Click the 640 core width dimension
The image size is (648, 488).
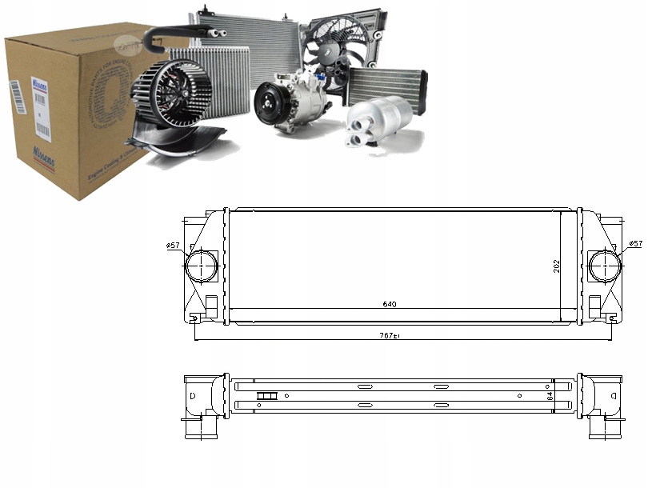coord(390,304)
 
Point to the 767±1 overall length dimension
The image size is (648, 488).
coord(390,335)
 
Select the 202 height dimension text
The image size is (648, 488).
coord(556,266)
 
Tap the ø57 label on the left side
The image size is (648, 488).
coord(173,245)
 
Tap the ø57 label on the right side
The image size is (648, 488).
coord(635,243)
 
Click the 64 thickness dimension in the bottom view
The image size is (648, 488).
coord(550,395)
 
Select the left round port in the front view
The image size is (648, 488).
coord(200,266)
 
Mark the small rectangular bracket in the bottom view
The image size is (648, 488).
coord(266,395)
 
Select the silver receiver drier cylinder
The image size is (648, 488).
coord(382,120)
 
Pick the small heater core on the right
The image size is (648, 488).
coord(387,85)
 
